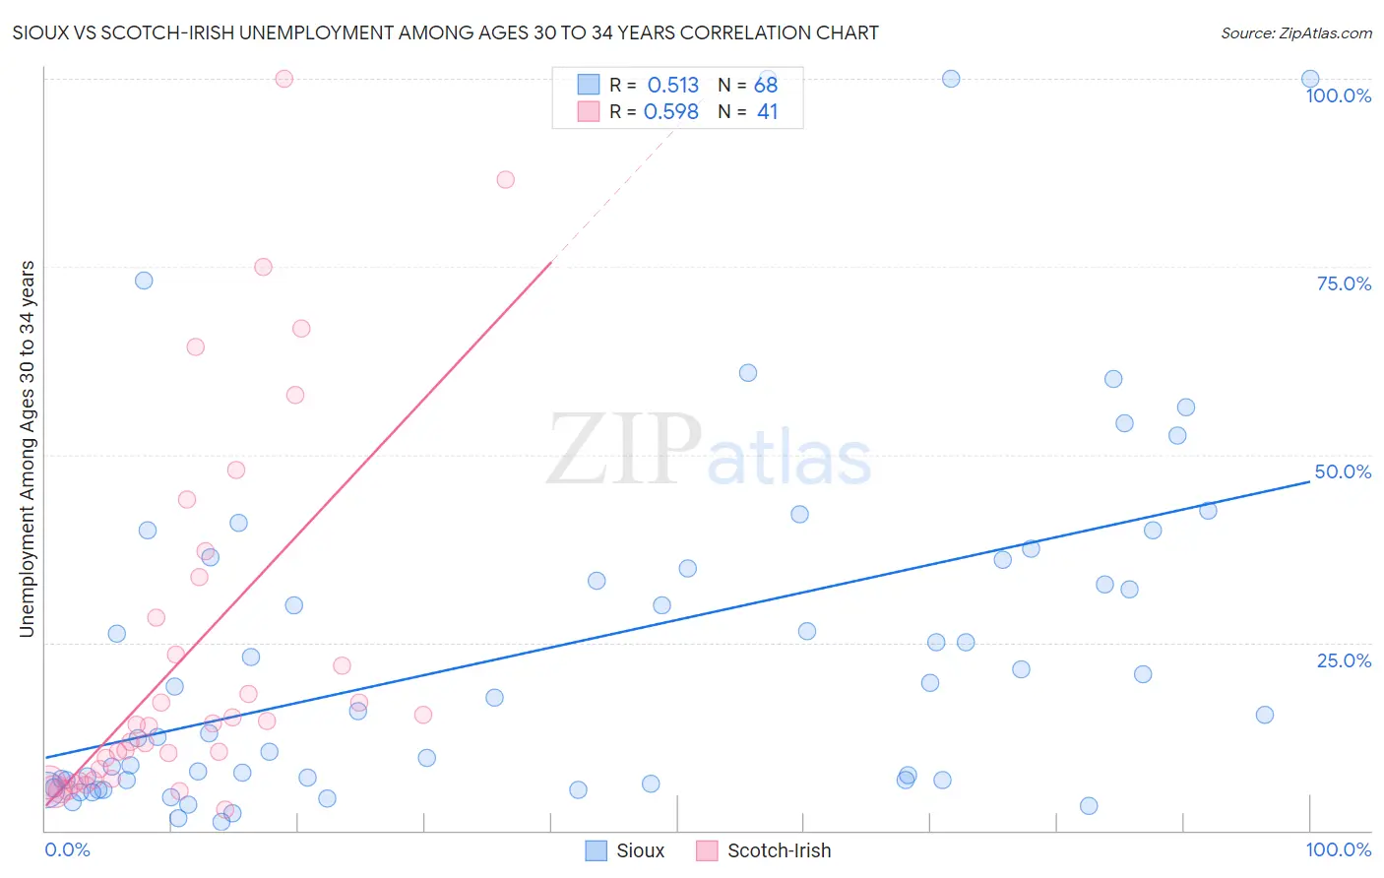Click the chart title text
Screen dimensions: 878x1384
coord(445,32)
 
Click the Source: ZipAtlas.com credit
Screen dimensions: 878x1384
coord(1295,32)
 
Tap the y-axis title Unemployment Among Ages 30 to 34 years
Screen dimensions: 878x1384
coord(27,449)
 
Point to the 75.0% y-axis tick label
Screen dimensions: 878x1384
coord(1344,283)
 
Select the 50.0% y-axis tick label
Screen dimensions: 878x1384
coord(1343,471)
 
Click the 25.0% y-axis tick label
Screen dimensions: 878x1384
coord(1344,659)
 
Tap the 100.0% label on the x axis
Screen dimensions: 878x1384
coord(1338,849)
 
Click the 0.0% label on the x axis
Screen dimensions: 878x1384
coord(67,849)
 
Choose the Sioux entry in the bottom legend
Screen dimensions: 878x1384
coord(625,850)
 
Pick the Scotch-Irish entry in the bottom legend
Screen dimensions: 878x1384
coord(764,850)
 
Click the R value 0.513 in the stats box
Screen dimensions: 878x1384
coord(672,86)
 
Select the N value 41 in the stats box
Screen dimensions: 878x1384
coord(767,112)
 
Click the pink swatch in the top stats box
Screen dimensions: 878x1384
coord(589,111)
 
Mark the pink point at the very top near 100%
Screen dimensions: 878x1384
coord(283,79)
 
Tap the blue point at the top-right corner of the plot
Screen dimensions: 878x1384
coord(1309,79)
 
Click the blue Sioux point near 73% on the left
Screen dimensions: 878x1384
coord(144,281)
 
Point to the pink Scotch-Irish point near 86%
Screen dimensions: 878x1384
coord(505,179)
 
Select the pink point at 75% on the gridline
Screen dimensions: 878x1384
coord(263,267)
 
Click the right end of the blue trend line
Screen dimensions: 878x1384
coord(1309,482)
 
